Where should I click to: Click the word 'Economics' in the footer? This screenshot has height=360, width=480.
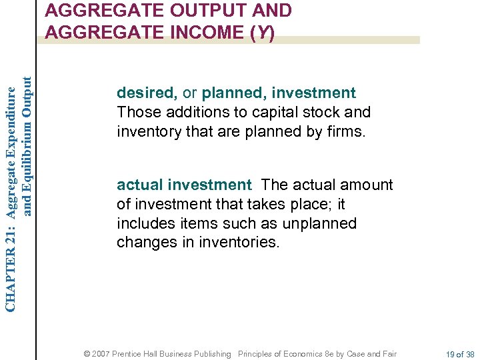[x=301, y=354]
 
